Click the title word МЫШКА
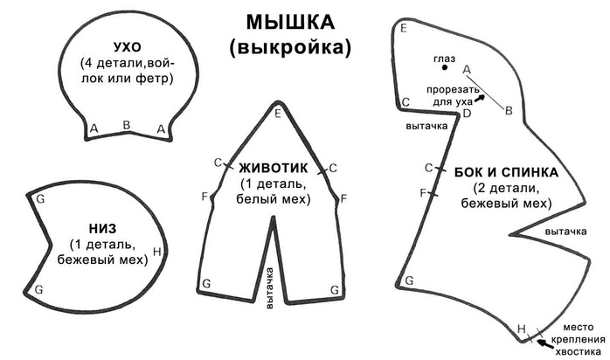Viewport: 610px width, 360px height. coord(290,22)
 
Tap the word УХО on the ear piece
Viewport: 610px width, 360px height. coord(128,47)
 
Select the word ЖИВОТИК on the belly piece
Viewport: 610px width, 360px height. coord(273,168)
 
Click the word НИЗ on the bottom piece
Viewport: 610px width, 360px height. coord(102,229)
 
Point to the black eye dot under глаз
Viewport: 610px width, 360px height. coord(445,67)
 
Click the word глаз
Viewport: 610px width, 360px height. coord(444,59)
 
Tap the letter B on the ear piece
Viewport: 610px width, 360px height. coord(127,125)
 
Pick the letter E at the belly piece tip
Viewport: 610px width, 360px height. coord(277,114)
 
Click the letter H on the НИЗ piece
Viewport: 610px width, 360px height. coord(156,252)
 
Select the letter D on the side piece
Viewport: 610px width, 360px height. coord(467,114)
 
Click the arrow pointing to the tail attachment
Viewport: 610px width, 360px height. coord(544,343)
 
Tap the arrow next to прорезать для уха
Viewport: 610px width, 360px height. coord(481,98)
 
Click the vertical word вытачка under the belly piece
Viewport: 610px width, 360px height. coord(269,287)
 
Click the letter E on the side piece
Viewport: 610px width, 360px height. coord(404,28)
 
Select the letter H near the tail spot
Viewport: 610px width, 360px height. coord(522,329)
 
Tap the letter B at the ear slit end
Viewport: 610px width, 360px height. coord(509,111)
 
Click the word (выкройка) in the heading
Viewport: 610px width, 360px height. coord(290,47)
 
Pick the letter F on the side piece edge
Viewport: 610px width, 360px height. coord(424,192)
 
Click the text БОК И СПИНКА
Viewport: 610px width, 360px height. coord(506,172)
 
